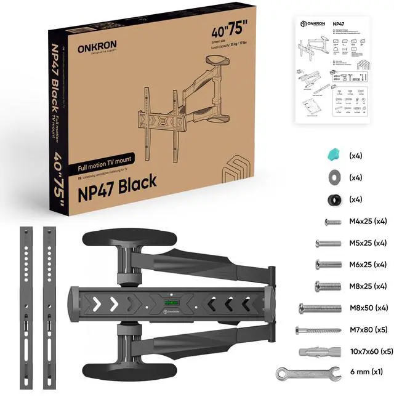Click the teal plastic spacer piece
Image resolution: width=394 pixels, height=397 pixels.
[333, 155]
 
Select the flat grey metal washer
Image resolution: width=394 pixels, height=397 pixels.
[333, 177]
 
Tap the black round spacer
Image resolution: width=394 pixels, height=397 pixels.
[333, 200]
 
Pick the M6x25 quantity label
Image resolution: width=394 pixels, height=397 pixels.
[380, 265]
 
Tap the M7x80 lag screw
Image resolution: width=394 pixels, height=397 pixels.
[317, 330]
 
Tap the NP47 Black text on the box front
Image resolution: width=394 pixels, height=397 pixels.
[117, 181]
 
